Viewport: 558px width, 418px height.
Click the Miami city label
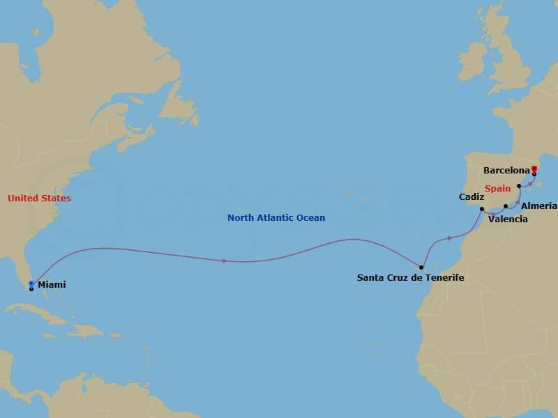(53, 285)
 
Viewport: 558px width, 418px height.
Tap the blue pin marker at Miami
(31, 284)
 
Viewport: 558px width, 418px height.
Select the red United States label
(39, 199)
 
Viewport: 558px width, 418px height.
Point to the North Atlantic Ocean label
(276, 218)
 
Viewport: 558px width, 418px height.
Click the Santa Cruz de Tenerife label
(410, 277)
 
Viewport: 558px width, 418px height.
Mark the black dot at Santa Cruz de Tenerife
(421, 267)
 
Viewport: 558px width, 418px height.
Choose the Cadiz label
(472, 197)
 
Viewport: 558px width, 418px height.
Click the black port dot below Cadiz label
(482, 208)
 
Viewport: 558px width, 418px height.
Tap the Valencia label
(508, 219)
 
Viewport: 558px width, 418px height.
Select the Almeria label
(539, 206)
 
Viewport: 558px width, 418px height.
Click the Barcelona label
(507, 170)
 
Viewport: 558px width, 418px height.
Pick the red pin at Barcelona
(534, 169)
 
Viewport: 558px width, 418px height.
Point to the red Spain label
(498, 188)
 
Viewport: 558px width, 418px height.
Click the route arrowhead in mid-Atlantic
(224, 261)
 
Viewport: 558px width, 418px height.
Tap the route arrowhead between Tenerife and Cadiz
(451, 238)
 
